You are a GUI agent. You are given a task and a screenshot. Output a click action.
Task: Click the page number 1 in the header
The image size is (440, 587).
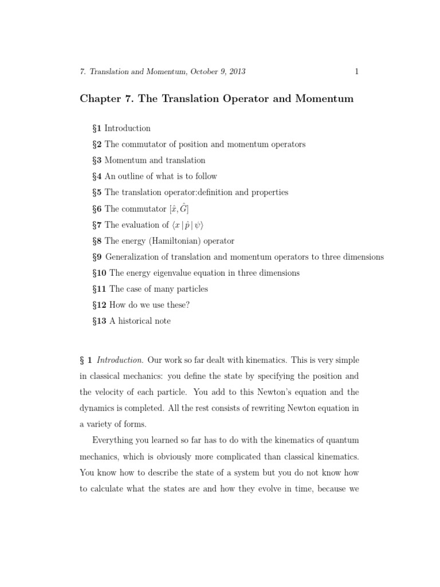(356, 72)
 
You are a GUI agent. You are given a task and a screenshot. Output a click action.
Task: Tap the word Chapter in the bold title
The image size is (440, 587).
(99, 99)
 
